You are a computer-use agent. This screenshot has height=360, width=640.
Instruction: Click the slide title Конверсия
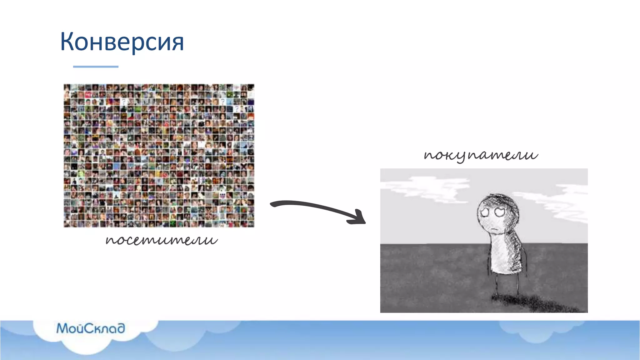[x=122, y=42]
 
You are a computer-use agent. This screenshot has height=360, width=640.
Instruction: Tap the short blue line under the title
[x=96, y=67]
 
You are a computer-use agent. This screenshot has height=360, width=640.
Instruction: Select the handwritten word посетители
[x=162, y=240]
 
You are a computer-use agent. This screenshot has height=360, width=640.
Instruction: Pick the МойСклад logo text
[x=91, y=328]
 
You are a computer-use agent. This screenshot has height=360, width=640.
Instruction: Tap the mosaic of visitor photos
[x=159, y=155]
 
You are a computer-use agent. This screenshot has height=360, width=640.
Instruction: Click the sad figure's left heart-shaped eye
[x=485, y=212]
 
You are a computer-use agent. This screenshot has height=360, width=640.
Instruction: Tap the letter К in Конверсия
[x=67, y=42]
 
